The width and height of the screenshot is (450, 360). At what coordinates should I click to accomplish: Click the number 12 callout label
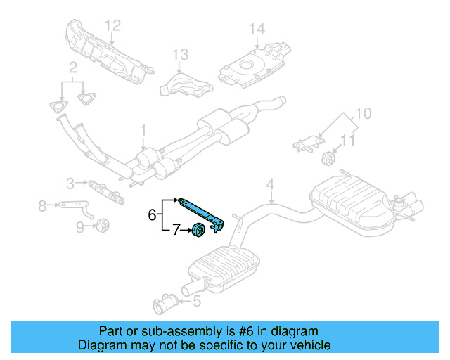point(113,25)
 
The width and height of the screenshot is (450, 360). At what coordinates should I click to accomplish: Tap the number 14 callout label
point(257,29)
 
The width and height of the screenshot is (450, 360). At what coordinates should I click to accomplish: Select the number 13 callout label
point(181,54)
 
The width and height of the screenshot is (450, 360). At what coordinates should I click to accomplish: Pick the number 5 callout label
point(196,302)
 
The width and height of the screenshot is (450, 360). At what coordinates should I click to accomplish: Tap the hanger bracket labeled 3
point(104,188)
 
